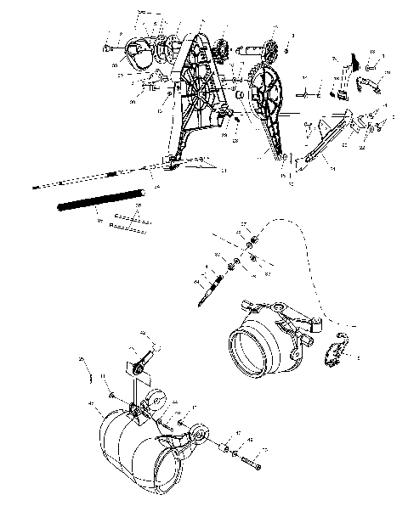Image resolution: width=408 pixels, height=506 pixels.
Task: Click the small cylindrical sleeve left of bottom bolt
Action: tap(226, 448)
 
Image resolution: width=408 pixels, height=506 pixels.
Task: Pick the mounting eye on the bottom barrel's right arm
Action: tap(202, 435)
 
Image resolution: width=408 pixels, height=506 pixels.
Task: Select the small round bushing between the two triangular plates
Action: tap(240, 92)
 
